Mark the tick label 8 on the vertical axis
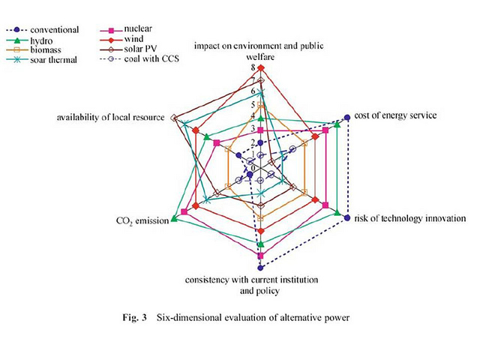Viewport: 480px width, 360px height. click(x=252, y=67)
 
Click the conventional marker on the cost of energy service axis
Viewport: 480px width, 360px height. click(x=346, y=116)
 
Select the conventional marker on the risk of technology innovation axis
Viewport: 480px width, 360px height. click(x=346, y=217)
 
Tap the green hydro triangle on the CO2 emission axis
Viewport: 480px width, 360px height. click(x=174, y=218)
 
